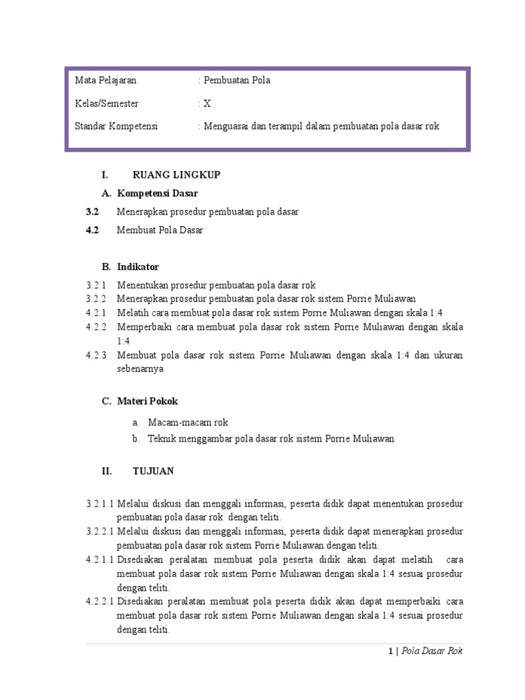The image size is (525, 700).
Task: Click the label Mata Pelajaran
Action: pos(105,81)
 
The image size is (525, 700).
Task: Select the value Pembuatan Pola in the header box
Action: pos(236,81)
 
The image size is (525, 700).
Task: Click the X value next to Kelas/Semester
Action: pos(206,104)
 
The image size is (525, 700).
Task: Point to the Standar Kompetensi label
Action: pos(116,126)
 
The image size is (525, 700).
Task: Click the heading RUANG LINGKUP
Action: pos(176,175)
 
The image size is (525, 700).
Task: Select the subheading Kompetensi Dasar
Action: pos(157,193)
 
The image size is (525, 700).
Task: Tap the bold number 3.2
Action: pos(92,212)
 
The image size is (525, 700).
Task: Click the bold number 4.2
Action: pos(92,230)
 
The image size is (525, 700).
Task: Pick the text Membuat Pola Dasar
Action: pos(160,230)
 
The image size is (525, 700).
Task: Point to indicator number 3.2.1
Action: pos(96,285)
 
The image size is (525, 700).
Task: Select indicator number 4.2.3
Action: pos(96,355)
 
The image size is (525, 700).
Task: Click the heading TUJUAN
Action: pos(152,471)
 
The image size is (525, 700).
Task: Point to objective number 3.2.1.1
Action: pos(100,504)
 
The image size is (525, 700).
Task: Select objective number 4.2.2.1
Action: pos(100,602)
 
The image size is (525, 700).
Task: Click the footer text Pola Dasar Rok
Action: pos(432,651)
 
